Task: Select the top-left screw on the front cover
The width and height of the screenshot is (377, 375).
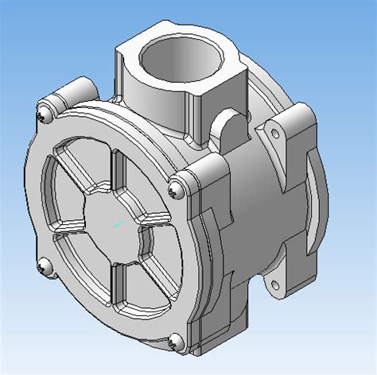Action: tap(41, 117)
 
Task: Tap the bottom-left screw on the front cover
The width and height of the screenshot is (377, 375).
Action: tap(45, 269)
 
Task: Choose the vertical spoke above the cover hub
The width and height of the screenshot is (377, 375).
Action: tap(118, 171)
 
